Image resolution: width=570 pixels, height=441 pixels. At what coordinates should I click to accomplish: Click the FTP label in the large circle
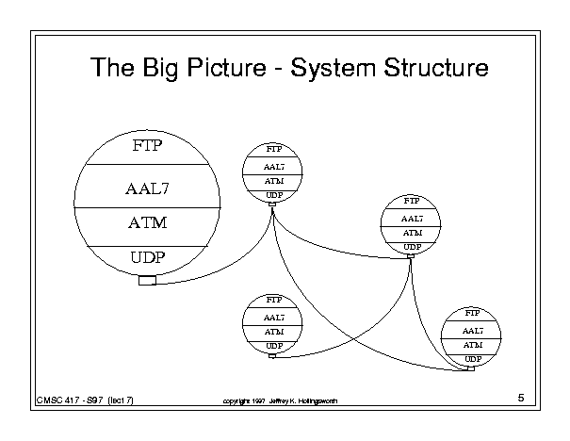click(146, 147)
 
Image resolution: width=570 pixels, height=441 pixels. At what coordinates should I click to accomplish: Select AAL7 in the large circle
click(146, 188)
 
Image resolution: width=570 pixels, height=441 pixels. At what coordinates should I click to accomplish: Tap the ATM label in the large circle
click(146, 223)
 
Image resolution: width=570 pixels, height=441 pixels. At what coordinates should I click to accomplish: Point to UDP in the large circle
click(146, 256)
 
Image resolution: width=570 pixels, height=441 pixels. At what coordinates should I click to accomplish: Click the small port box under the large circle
click(147, 280)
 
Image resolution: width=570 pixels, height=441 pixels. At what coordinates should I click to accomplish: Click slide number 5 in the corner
click(521, 400)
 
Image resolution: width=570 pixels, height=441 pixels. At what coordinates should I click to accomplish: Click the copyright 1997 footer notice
click(275, 401)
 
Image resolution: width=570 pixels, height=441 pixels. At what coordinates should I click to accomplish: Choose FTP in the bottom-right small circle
click(473, 312)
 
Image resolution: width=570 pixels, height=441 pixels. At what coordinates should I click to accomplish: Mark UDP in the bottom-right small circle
click(473, 359)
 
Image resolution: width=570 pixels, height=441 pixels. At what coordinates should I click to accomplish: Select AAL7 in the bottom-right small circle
click(473, 331)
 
